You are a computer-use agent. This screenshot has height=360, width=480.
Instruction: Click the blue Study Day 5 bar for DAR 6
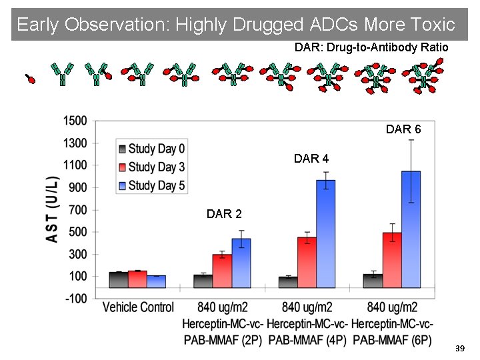coord(411,229)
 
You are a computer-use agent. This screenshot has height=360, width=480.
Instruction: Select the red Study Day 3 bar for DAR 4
coord(307,262)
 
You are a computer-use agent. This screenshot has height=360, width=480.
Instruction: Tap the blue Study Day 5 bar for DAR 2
coord(241,263)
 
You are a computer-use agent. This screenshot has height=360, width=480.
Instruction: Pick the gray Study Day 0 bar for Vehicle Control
coord(118,279)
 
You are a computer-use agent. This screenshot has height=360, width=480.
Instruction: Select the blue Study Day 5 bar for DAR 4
coord(326,233)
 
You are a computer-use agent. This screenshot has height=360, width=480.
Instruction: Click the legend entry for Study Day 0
coord(151,148)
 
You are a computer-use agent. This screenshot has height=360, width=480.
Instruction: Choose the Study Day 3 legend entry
coord(151,167)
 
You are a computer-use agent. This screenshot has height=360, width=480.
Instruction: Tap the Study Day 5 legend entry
coord(151,185)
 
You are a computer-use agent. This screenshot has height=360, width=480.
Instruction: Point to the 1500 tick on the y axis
coord(75,121)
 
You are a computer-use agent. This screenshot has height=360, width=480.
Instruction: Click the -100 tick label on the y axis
coord(75,299)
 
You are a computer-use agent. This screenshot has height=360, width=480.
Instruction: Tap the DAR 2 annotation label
coord(224,214)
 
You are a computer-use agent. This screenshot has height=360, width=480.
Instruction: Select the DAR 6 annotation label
coord(403,129)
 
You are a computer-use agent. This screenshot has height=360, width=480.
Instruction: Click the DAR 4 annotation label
coord(311,159)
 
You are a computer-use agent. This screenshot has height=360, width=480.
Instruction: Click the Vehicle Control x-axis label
coord(138,307)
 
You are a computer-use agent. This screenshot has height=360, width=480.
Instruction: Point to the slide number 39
coord(459,349)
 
